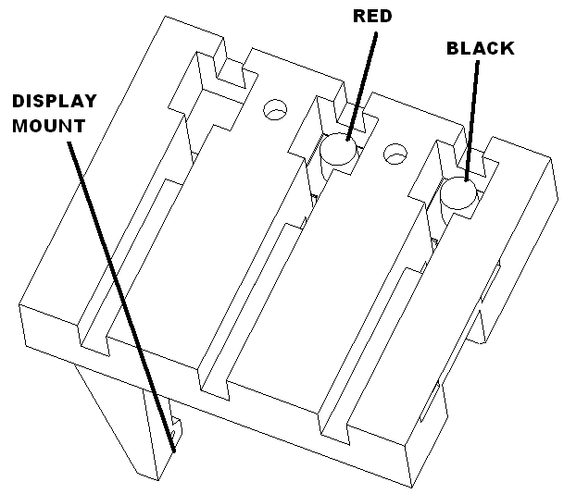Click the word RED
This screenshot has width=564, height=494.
[372, 16]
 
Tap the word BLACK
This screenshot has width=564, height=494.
[481, 48]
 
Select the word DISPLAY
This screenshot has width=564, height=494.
[55, 101]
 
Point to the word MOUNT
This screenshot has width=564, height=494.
[48, 126]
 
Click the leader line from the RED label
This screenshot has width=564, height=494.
[361, 87]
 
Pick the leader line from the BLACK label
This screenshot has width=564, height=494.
[472, 120]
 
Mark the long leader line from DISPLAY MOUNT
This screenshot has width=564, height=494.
[121, 297]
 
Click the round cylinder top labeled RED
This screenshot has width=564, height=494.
[338, 149]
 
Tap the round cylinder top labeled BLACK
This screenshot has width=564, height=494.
[458, 193]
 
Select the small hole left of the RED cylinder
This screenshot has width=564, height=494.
[275, 109]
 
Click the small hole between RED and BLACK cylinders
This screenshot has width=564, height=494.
[395, 154]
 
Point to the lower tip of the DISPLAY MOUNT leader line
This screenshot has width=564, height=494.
[174, 451]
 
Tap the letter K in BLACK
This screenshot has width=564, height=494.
[508, 48]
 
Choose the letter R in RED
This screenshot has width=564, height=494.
[359, 16]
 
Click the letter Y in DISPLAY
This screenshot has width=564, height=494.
[90, 101]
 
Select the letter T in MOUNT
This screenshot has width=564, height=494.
[79, 126]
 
